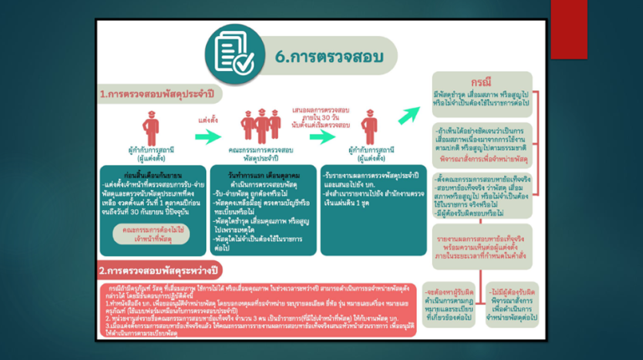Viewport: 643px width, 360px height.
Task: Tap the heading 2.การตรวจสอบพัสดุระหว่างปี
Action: (x=157, y=270)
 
